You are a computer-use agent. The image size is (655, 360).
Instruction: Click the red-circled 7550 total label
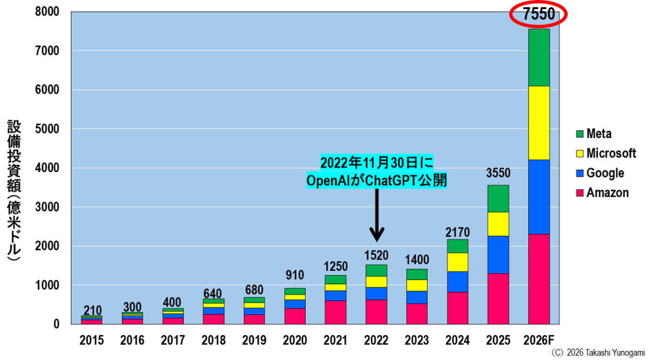click(x=538, y=14)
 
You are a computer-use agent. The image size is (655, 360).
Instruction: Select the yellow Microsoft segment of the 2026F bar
click(x=539, y=123)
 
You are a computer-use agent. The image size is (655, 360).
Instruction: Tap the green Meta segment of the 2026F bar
click(x=539, y=58)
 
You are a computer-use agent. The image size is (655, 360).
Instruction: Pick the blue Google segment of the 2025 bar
click(x=498, y=255)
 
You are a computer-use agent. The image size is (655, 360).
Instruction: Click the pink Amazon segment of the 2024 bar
click(x=457, y=308)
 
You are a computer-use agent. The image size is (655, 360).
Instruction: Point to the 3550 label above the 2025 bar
click(x=498, y=173)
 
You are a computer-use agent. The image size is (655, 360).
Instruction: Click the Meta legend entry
click(x=593, y=134)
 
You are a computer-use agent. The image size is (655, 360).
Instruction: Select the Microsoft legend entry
click(x=606, y=153)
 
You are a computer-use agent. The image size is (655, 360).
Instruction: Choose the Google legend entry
click(x=600, y=173)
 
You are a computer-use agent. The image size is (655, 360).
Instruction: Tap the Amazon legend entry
click(x=602, y=192)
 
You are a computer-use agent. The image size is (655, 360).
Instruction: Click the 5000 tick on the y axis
click(x=47, y=129)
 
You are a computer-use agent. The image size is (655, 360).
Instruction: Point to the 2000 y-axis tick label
click(x=47, y=246)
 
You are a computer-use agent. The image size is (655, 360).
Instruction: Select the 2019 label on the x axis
click(x=254, y=340)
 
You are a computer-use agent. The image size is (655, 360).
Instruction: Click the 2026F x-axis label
click(x=539, y=340)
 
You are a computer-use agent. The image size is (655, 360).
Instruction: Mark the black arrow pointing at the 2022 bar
click(x=377, y=215)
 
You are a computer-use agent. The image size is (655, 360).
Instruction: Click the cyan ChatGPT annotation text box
click(x=377, y=171)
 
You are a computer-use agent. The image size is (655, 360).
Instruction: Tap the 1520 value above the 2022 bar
click(x=376, y=255)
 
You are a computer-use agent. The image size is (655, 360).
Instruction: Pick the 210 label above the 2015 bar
click(x=92, y=310)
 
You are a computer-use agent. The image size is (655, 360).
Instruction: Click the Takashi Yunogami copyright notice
click(x=598, y=353)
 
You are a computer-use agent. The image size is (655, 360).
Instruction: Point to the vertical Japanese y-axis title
click(x=14, y=190)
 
